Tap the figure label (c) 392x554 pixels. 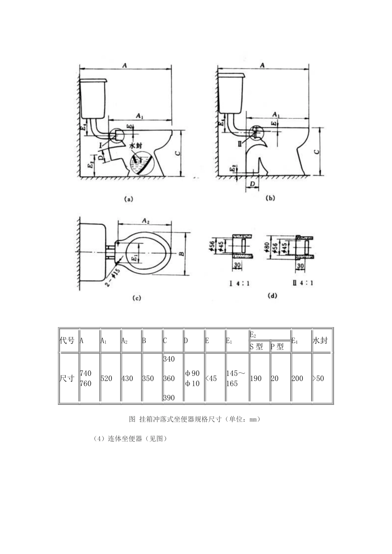[x=137, y=298]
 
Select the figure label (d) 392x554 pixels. [x=272, y=295]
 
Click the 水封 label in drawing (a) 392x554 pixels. [x=135, y=146]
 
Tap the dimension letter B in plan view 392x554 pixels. [x=180, y=254]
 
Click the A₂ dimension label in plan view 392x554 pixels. [x=145, y=221]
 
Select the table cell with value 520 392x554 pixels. [x=106, y=378]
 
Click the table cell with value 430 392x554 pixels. [x=127, y=378]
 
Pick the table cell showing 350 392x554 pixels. [x=148, y=378]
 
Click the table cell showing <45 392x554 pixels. [x=211, y=378]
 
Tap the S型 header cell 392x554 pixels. [x=256, y=347]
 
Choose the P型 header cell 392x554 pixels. [x=277, y=347]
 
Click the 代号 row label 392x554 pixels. [x=67, y=340]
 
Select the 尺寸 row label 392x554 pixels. [x=67, y=378]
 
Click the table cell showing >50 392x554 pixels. [x=318, y=378]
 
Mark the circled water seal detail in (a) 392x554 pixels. [x=141, y=164]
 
